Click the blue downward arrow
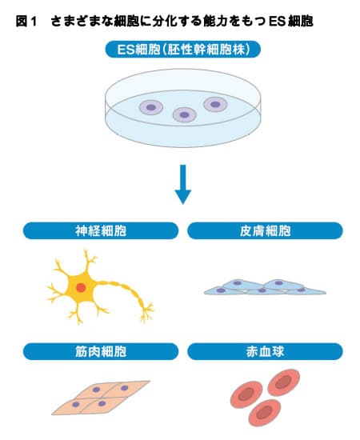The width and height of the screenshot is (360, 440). (x=183, y=184)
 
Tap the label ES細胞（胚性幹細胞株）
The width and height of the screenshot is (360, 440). (x=183, y=50)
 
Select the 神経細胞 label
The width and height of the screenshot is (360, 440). (x=101, y=231)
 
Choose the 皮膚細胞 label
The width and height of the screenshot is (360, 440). (x=265, y=231)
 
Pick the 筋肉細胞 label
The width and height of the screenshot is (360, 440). (x=101, y=352)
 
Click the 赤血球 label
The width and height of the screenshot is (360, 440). (x=265, y=352)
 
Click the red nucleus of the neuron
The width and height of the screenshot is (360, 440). (x=81, y=288)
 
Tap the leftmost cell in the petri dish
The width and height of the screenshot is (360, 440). (x=151, y=107)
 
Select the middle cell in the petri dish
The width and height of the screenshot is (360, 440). (x=184, y=114)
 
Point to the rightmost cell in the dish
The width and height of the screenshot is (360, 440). (x=215, y=104)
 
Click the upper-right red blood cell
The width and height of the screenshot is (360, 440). (x=284, y=382)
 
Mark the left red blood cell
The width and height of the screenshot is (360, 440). (x=246, y=394)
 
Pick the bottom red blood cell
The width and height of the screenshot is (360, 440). (x=264, y=413)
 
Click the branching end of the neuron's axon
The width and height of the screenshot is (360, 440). (x=147, y=312)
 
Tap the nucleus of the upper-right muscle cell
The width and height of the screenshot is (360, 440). (x=124, y=388)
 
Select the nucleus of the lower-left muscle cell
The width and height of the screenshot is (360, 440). (x=76, y=404)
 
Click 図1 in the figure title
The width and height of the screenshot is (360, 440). (x=26, y=22)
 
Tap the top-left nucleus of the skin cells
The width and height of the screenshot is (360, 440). (x=238, y=283)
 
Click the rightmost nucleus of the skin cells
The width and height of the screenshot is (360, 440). (x=301, y=290)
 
